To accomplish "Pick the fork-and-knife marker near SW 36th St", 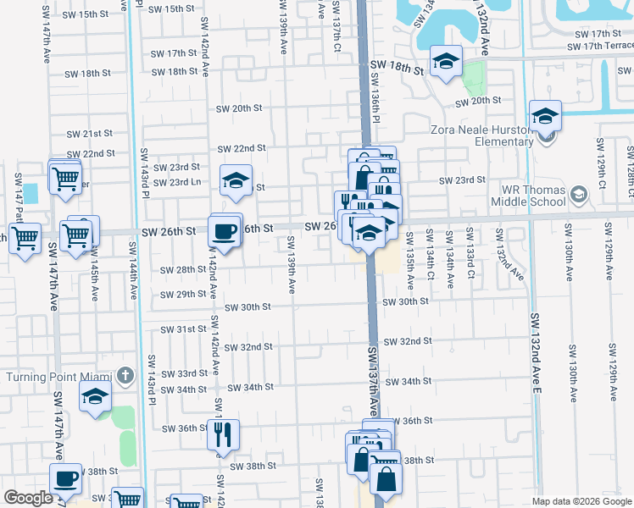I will coord(223,433).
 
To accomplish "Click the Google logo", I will coord(28,498).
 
